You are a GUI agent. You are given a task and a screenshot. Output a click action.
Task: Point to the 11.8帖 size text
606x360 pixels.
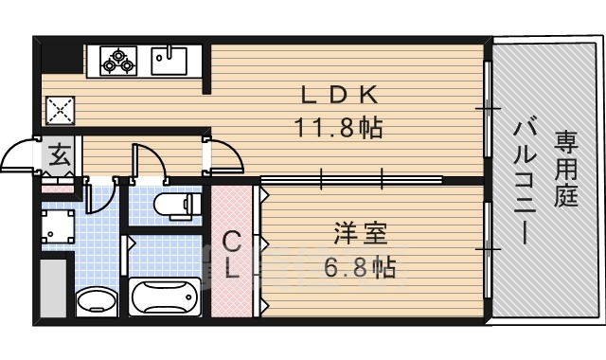(x=340, y=127)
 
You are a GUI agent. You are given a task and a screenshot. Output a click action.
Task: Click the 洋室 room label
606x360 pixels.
(x=359, y=232)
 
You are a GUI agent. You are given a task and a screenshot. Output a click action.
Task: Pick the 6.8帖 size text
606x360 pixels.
(x=360, y=266)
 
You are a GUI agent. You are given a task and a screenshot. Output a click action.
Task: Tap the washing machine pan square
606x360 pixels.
(x=59, y=228)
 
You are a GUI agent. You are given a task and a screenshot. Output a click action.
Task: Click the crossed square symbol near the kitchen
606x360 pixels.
(x=60, y=110)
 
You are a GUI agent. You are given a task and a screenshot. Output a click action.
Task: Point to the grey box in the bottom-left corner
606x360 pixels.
(x=54, y=287)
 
